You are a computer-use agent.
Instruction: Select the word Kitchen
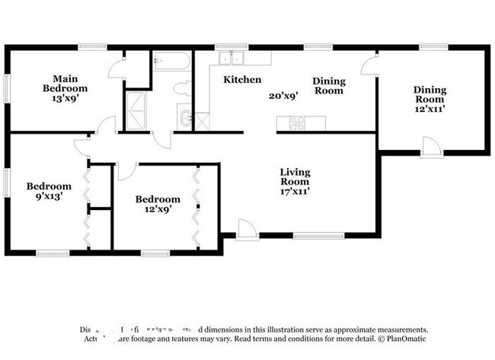(242, 79)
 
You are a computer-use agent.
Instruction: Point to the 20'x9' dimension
(283, 96)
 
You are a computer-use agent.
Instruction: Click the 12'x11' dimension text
(430, 108)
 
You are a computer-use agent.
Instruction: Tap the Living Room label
(294, 177)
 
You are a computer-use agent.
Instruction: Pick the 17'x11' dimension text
(294, 192)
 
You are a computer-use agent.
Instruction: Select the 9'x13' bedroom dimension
(49, 196)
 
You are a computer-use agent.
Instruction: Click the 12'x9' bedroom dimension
(158, 209)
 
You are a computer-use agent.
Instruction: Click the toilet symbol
(183, 89)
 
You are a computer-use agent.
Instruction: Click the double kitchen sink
(230, 59)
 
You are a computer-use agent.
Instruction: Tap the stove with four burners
(295, 122)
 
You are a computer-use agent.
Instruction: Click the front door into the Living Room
(247, 228)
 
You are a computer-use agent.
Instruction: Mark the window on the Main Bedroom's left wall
(8, 88)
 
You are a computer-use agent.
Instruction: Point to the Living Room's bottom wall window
(318, 235)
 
